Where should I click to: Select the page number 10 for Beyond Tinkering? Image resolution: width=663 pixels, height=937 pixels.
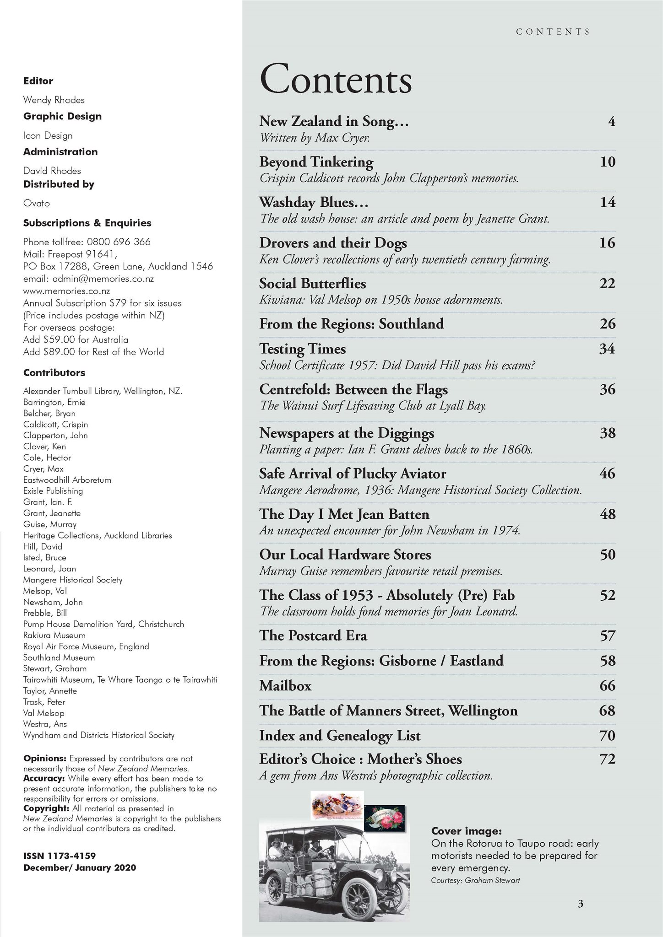click(608, 162)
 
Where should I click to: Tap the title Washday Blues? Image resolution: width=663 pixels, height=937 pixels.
click(314, 202)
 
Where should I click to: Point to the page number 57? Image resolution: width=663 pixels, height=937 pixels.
click(608, 636)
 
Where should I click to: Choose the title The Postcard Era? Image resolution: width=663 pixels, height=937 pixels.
click(313, 636)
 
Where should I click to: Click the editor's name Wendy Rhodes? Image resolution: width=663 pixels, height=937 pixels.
click(54, 100)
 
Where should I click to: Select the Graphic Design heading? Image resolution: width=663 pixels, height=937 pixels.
click(62, 116)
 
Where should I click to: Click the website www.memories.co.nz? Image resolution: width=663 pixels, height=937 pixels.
click(66, 291)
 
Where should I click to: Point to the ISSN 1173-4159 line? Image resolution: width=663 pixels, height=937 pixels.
click(60, 856)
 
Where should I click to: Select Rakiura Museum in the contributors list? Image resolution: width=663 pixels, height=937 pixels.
click(54, 635)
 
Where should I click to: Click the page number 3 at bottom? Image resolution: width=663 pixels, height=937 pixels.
click(581, 904)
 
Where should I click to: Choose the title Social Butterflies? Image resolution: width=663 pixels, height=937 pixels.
click(313, 284)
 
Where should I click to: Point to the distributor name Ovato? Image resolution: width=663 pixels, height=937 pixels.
click(37, 203)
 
